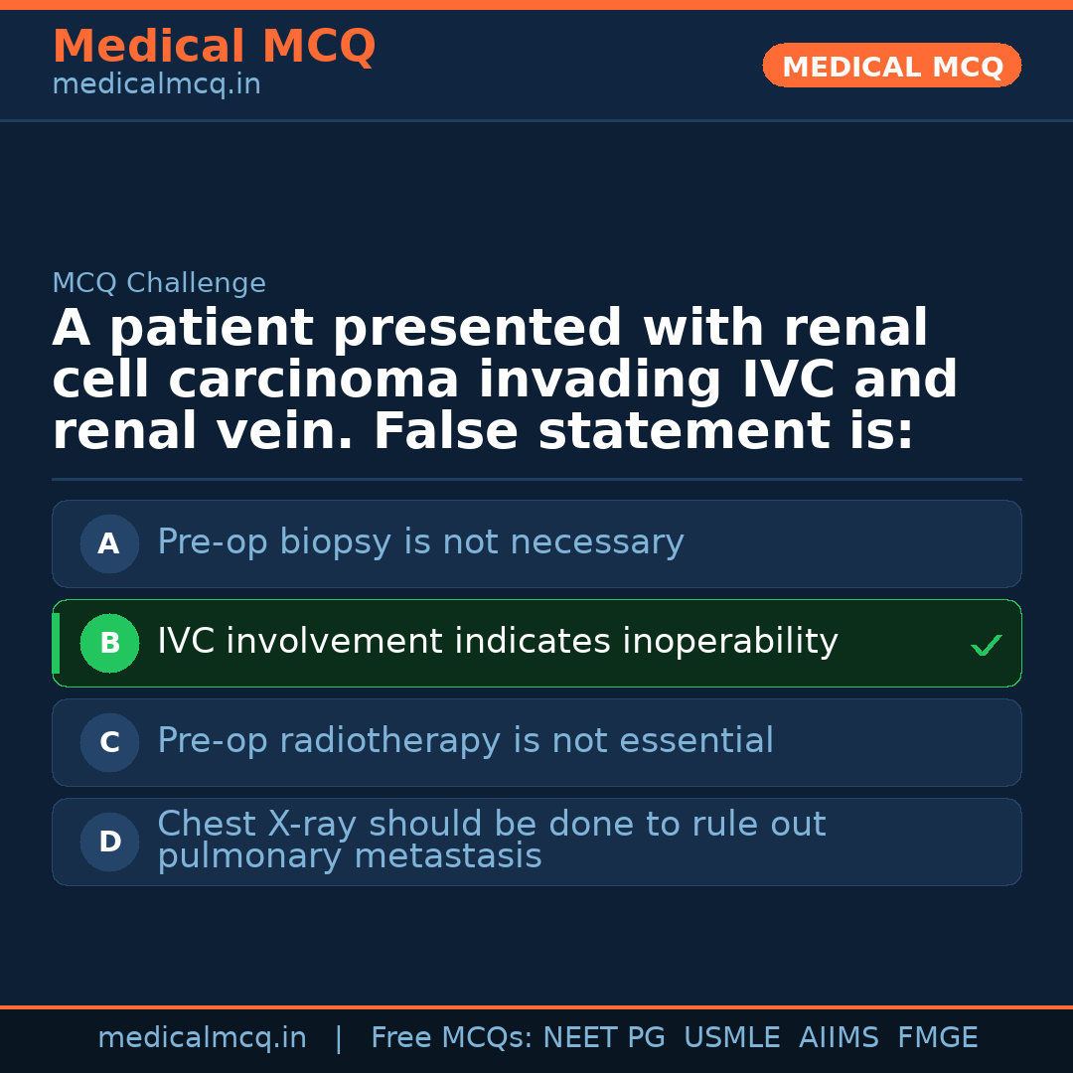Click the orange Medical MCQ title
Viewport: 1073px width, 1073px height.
[214, 47]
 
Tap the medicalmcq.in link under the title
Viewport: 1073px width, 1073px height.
[156, 84]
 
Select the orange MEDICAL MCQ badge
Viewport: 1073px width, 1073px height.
[892, 67]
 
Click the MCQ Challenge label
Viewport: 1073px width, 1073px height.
[159, 283]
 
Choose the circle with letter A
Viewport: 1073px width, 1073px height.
[109, 543]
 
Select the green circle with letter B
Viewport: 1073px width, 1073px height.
[109, 643]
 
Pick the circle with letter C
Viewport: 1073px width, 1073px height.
[109, 742]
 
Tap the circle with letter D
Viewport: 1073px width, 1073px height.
[109, 842]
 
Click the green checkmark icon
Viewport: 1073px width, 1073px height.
[987, 646]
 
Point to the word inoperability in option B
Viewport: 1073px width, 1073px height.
[730, 642]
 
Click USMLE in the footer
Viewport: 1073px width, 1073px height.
[731, 1038]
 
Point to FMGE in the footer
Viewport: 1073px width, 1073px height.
[937, 1038]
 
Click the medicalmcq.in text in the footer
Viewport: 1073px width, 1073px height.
[202, 1038]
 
